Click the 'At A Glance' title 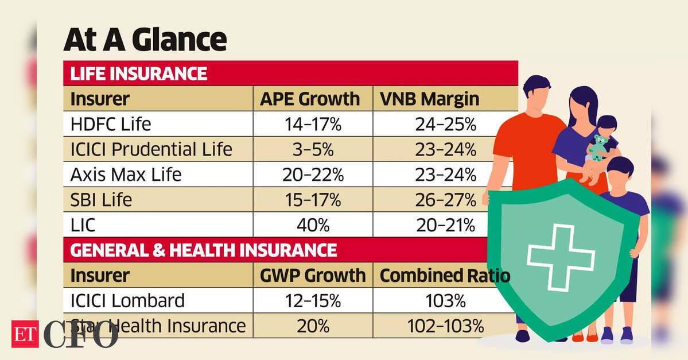[x=145, y=40]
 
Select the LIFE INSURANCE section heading [x=138, y=74]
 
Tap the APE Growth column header [x=310, y=99]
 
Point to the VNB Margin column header [x=429, y=99]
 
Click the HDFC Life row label [x=110, y=125]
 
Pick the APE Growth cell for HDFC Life [x=313, y=125]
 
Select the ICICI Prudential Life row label [x=151, y=150]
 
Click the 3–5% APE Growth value [x=313, y=150]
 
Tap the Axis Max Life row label [x=126, y=175]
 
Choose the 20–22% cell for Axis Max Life [x=313, y=175]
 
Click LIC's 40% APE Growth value [x=313, y=225]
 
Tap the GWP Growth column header [x=313, y=276]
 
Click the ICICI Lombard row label [x=127, y=300]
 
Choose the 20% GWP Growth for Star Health [x=313, y=326]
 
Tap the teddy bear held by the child [x=598, y=147]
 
